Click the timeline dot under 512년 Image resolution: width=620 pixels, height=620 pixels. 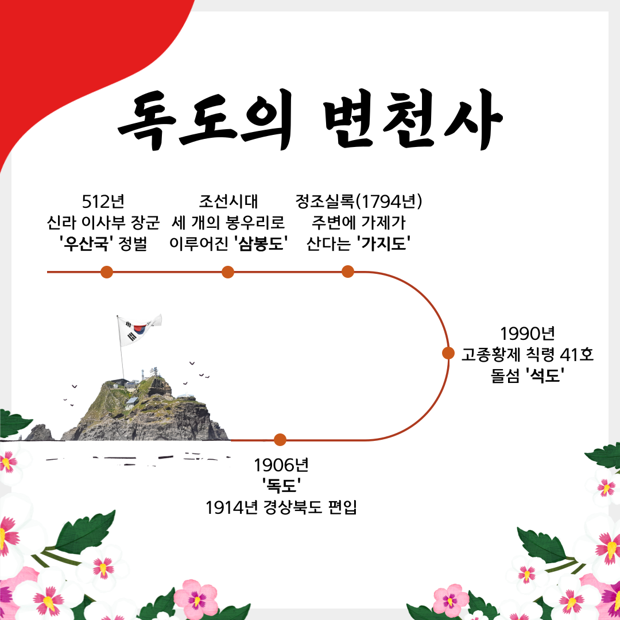(106, 272)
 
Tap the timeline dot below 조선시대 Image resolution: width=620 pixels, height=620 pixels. (228, 272)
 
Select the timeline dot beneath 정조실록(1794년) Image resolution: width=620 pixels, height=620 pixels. (348, 272)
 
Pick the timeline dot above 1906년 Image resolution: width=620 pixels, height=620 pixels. (280, 440)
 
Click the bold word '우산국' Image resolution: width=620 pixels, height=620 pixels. (85, 243)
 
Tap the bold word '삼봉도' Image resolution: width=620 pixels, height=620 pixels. (262, 243)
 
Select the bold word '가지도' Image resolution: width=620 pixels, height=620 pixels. (383, 243)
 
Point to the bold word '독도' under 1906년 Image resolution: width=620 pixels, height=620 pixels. (281, 486)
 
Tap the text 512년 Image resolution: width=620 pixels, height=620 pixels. (103, 201)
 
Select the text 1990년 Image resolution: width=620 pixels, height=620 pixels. (526, 333)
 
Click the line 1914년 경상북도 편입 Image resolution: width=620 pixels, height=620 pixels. (281, 507)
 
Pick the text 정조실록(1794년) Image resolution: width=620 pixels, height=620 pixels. (359, 201)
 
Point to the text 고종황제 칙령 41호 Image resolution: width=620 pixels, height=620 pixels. (528, 354)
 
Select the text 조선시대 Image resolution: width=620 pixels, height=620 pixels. (228, 201)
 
